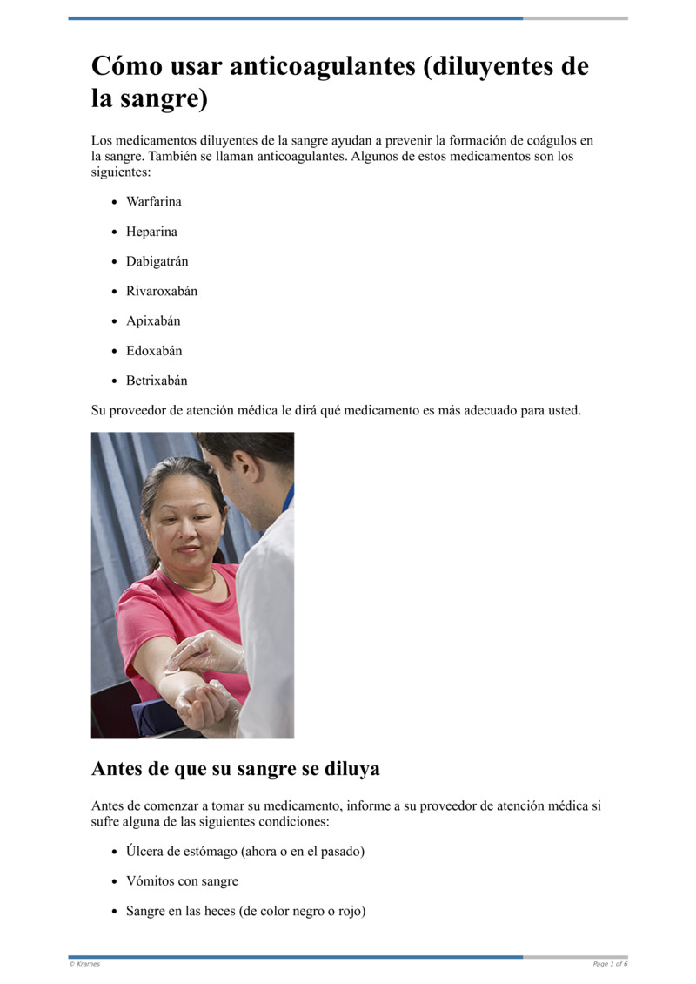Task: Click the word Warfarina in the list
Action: coord(154,202)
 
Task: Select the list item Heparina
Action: coord(151,232)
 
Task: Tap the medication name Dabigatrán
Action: coord(157,261)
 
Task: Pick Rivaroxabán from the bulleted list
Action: coord(162,291)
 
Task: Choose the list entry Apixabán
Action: coord(153,320)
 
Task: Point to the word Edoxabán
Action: coord(154,351)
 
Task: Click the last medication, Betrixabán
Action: coord(157,381)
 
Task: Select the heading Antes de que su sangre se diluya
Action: coord(235,770)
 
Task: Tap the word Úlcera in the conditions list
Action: coord(145,851)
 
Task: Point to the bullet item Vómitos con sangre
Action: coord(182,881)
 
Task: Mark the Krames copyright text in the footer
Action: coord(84,964)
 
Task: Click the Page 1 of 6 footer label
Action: coord(610,964)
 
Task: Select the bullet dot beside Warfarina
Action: coord(115,202)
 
